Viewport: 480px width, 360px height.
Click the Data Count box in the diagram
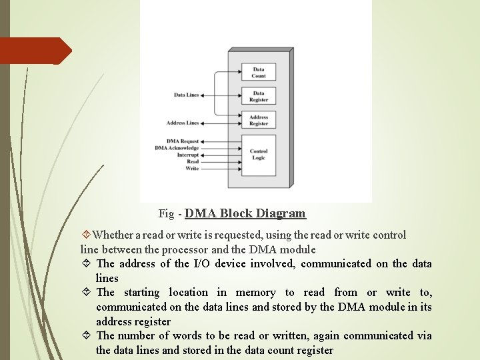(x=259, y=73)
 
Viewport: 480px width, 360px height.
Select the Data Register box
(x=259, y=97)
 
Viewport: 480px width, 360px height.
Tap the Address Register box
(x=259, y=121)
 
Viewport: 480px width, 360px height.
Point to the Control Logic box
(x=259, y=155)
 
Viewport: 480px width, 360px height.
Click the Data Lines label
(x=186, y=95)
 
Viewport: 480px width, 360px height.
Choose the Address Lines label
(x=183, y=123)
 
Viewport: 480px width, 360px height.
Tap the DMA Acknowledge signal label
(x=177, y=148)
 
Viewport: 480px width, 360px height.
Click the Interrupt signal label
(x=187, y=155)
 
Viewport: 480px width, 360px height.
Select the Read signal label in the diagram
(x=192, y=161)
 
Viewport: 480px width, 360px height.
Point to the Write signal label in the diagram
(x=192, y=168)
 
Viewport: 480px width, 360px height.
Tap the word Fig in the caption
(x=166, y=214)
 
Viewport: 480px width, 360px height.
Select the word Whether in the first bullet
(x=115, y=235)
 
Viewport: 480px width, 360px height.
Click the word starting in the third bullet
(x=141, y=293)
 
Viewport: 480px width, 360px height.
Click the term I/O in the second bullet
(x=201, y=264)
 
